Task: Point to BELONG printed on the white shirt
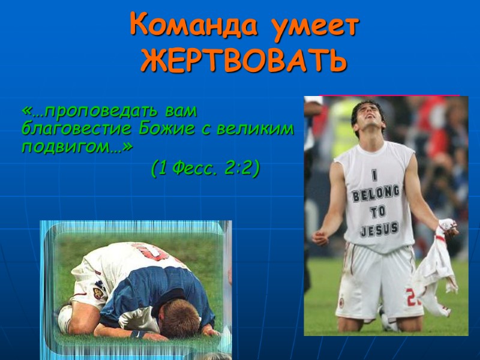coord(376,194)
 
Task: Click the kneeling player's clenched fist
coord(320,237)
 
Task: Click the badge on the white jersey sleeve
coord(98,293)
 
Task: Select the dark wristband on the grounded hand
coord(137,334)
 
